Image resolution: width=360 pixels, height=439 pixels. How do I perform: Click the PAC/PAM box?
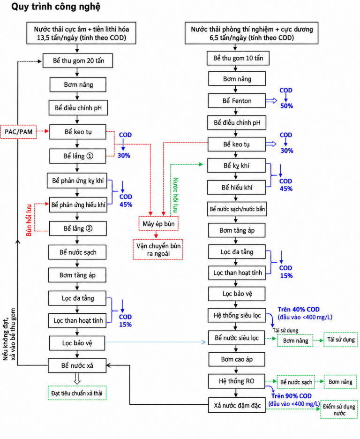click(18, 132)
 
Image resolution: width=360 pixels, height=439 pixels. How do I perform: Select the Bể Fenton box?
click(237, 101)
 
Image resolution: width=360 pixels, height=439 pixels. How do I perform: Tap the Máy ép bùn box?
click(158, 224)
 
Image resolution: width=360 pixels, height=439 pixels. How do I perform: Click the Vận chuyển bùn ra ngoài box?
click(158, 250)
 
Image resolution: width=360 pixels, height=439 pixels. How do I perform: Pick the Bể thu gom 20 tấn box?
click(78, 61)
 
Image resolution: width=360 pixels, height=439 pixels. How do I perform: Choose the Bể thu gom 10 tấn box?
click(238, 58)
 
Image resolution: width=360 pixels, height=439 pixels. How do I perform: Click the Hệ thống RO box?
click(236, 381)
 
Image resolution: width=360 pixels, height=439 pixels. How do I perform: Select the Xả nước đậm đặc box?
click(237, 405)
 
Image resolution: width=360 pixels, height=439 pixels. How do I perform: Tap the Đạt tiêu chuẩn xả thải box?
click(77, 393)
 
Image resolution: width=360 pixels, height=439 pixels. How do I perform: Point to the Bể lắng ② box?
click(78, 228)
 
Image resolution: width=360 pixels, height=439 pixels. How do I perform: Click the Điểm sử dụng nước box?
click(339, 409)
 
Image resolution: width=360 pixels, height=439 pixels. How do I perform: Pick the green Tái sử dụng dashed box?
click(341, 340)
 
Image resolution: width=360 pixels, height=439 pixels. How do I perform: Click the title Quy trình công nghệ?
click(56, 7)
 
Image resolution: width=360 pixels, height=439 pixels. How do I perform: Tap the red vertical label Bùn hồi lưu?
click(29, 220)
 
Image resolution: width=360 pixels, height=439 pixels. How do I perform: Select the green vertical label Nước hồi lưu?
click(175, 195)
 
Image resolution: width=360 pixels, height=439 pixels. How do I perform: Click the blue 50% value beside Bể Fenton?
click(286, 106)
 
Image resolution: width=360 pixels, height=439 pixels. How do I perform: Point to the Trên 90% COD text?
click(291, 396)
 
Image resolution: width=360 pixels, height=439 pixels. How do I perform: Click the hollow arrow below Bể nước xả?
click(77, 378)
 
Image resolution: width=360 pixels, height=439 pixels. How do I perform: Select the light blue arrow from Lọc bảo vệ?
click(156, 342)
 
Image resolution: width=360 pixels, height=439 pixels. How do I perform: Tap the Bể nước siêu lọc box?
click(236, 338)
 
